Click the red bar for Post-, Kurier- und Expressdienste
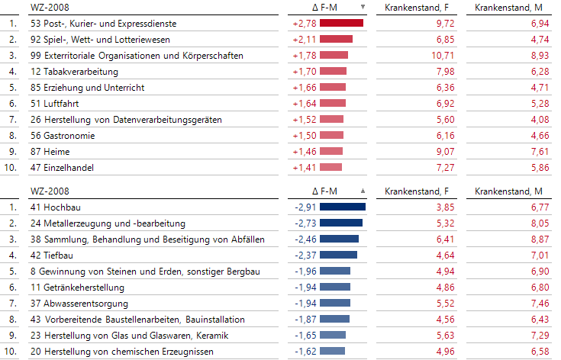341,24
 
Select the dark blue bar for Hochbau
342,207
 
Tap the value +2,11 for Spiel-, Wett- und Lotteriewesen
304,40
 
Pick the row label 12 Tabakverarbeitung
74,72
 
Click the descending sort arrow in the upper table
363,8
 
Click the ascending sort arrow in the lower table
363,191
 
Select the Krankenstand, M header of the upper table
508,8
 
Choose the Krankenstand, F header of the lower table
419,191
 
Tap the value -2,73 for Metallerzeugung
304,223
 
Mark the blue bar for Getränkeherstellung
334,287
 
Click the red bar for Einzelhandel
330,167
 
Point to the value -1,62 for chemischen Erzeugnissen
304,351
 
